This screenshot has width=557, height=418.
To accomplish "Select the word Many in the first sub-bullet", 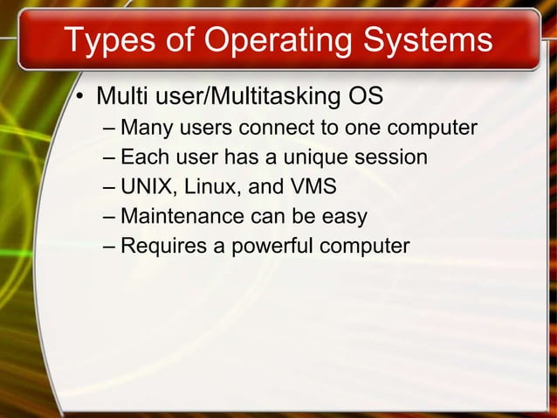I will pos(145,129).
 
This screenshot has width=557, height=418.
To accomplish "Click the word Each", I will pos(143,157).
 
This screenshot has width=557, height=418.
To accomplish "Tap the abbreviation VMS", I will pos(312,187).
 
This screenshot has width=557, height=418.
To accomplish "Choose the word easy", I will pos(341,217).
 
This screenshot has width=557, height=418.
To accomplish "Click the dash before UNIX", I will pos(107,188).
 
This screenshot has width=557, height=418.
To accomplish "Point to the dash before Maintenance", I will pos(107,217).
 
